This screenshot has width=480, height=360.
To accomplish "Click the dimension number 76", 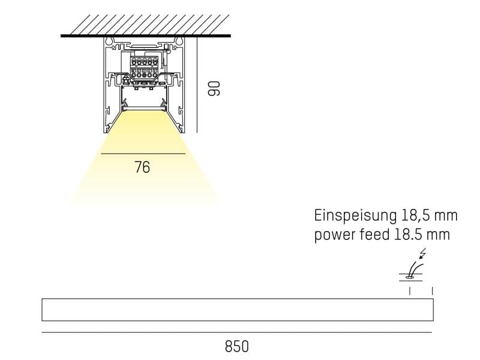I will pyautogui.click(x=142, y=167).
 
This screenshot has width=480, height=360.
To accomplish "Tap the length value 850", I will pyautogui.click(x=236, y=347).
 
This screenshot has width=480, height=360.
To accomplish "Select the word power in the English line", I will pyautogui.click(x=334, y=235).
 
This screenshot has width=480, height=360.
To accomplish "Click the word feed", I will pyautogui.click(x=377, y=234).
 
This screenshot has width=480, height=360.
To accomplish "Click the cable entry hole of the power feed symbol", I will pyautogui.click(x=410, y=277).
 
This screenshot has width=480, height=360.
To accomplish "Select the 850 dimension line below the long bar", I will pyautogui.click(x=236, y=332).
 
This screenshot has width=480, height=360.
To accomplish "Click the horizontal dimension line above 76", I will pyautogui.click(x=143, y=154).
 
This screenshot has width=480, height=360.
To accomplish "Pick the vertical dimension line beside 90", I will pyautogui.click(x=196, y=84).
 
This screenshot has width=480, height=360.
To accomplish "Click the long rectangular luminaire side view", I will pyautogui.click(x=236, y=310).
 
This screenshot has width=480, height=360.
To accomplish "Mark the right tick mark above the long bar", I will pyautogui.click(x=433, y=291).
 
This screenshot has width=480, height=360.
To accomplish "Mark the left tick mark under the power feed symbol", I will pyautogui.click(x=410, y=291).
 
